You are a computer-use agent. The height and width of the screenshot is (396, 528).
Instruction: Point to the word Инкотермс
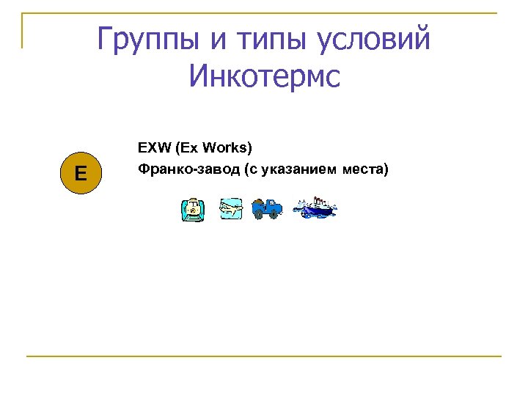(264, 76)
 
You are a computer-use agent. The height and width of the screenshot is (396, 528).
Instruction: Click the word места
(364, 170)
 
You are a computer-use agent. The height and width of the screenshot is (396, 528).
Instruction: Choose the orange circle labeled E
(79, 174)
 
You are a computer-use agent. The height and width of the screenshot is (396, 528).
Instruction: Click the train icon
(193, 210)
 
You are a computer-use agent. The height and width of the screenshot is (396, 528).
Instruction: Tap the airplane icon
(231, 208)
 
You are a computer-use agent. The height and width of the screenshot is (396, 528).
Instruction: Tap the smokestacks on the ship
(318, 199)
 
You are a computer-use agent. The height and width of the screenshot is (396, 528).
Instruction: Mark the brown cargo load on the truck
(258, 202)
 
